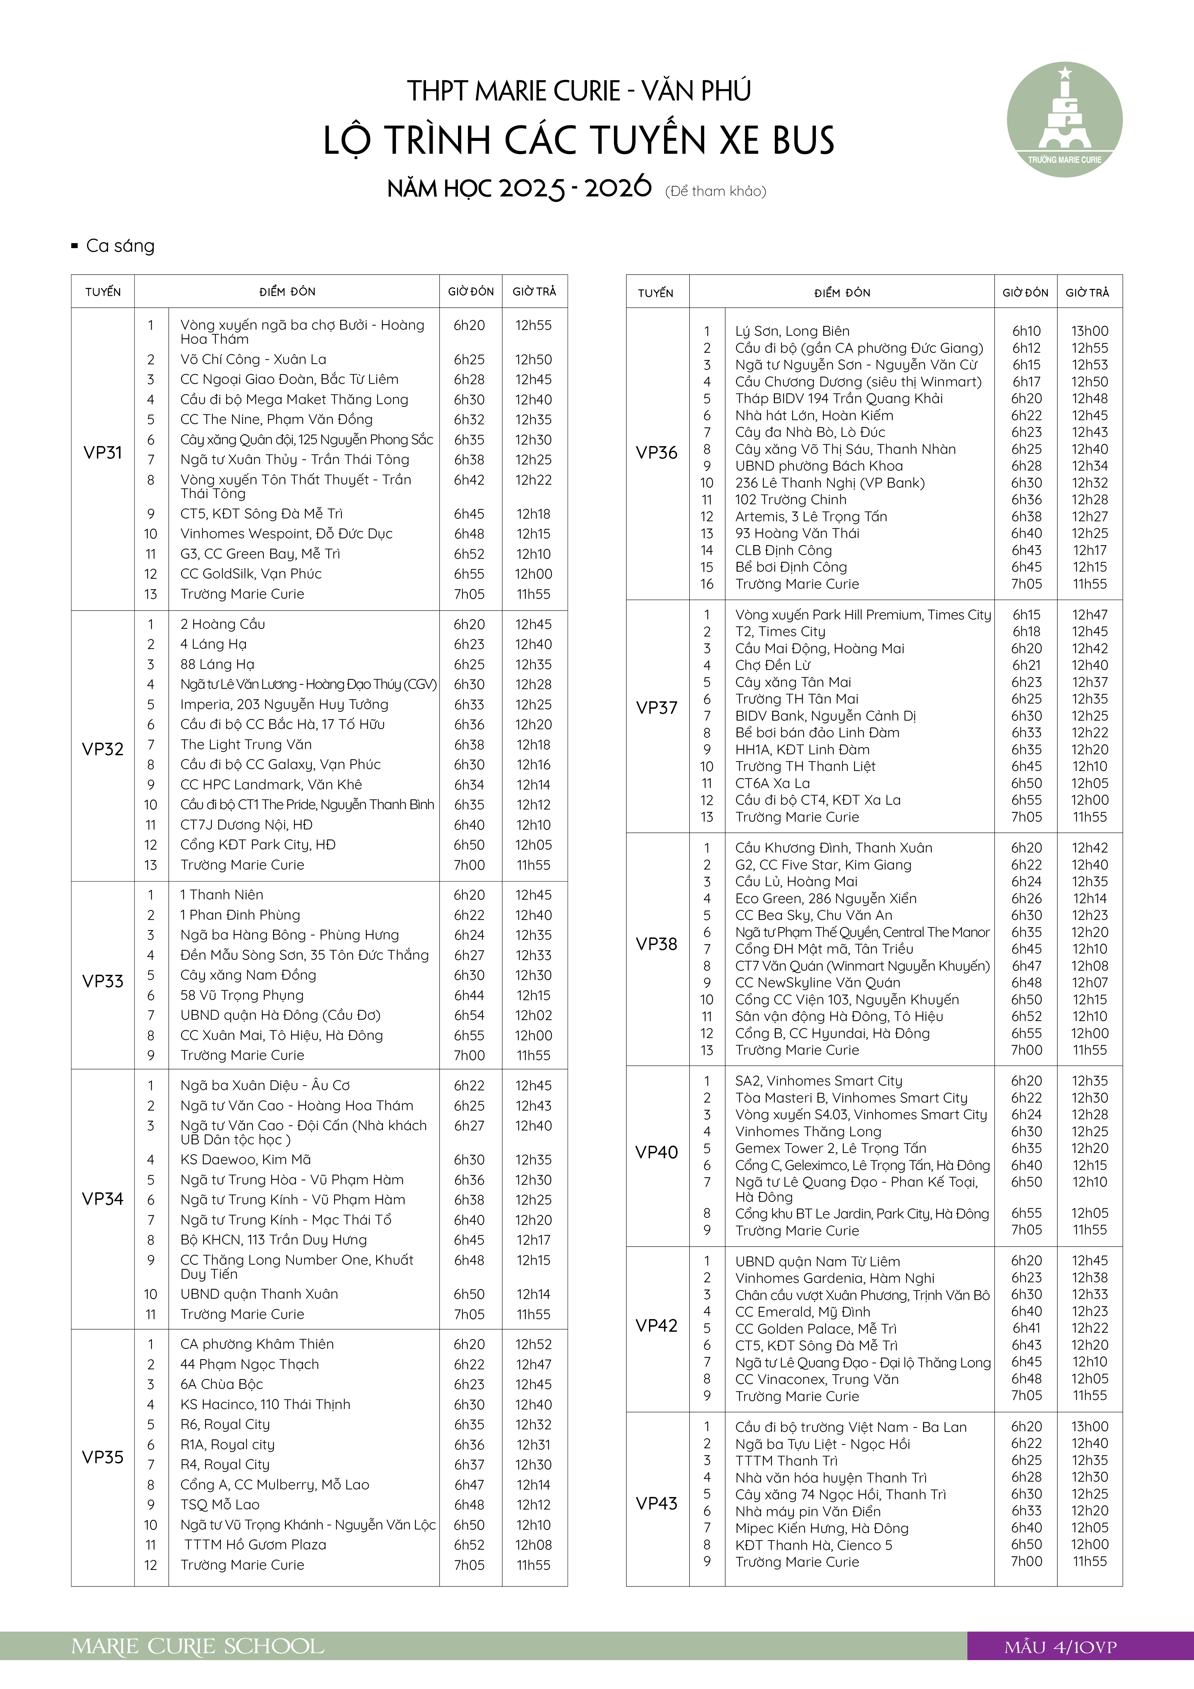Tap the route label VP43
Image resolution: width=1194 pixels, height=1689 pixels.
pos(656,1503)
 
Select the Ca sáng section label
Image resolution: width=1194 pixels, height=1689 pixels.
pos(120,246)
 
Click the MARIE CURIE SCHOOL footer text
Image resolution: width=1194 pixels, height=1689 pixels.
pos(197,1647)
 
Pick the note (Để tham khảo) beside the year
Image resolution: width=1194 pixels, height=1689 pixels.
pos(715,191)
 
